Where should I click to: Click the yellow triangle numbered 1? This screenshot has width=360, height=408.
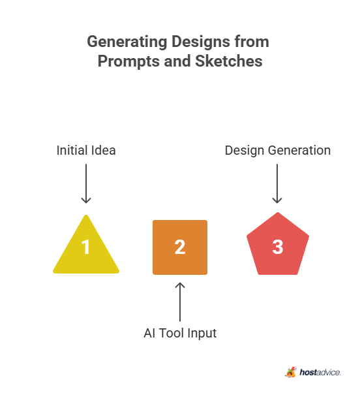(x=86, y=250)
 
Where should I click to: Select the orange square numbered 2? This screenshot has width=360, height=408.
(x=180, y=247)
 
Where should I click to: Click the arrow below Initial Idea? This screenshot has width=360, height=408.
(x=86, y=183)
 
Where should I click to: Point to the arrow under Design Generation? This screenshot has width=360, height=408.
(x=277, y=183)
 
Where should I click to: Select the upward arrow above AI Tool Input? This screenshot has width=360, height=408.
(x=180, y=302)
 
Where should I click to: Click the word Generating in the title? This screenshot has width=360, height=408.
(x=127, y=42)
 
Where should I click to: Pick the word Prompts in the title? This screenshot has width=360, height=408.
(x=129, y=61)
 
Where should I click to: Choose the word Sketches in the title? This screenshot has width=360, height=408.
(x=229, y=61)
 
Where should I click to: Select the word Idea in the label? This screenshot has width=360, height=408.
(x=103, y=150)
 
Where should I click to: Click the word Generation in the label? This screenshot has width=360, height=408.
(x=299, y=150)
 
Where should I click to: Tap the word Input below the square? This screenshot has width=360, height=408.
(x=202, y=334)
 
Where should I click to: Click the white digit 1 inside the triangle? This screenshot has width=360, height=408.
(x=85, y=247)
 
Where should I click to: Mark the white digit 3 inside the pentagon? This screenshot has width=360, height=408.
(x=278, y=247)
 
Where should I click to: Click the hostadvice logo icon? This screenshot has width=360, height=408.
(x=291, y=372)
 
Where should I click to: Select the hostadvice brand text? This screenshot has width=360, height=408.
(x=320, y=372)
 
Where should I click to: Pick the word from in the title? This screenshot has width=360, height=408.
(x=252, y=42)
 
